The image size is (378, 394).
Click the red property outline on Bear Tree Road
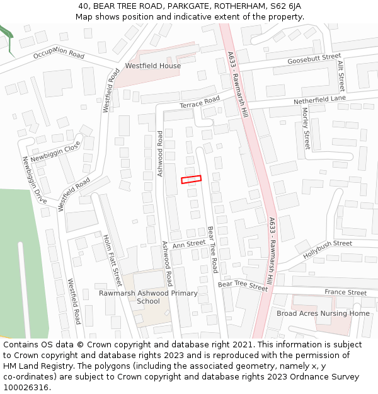click(x=192, y=180)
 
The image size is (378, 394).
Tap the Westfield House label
click(x=152, y=66)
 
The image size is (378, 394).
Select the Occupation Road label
click(x=59, y=55)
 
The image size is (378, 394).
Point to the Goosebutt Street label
click(x=314, y=59)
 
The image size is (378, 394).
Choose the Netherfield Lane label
click(x=320, y=100)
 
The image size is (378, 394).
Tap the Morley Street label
click(x=306, y=129)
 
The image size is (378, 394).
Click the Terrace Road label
click(x=200, y=102)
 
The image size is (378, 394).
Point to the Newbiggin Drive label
click(x=35, y=180)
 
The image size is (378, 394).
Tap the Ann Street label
click(x=188, y=243)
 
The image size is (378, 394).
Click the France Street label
click(x=345, y=293)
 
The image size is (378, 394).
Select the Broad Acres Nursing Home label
click(x=323, y=313)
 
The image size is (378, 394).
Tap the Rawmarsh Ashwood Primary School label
click(x=149, y=297)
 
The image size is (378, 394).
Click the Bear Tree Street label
click(x=243, y=286)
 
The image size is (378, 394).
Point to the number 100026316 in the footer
click(x=26, y=387)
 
